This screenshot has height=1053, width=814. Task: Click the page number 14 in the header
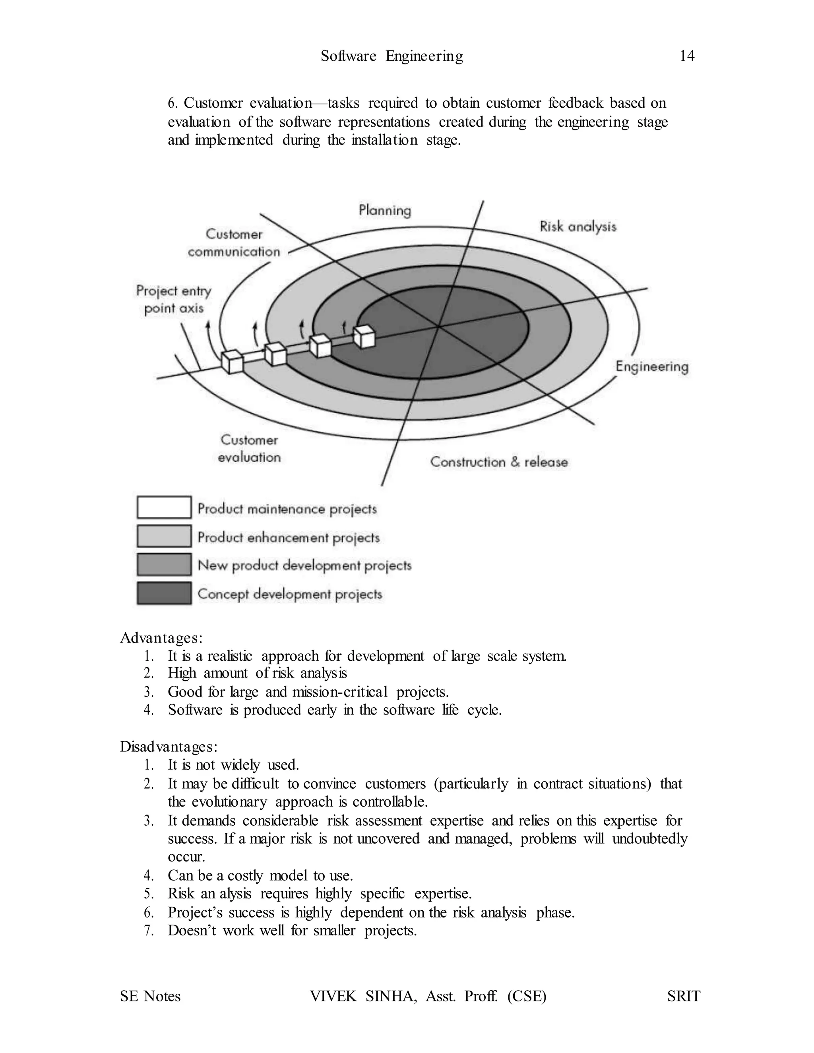[687, 56]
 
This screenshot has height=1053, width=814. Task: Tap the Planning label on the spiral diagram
[385, 210]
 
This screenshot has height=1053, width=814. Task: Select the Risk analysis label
[578, 226]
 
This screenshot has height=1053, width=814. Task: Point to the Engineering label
[651, 366]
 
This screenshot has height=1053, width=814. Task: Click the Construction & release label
[499, 462]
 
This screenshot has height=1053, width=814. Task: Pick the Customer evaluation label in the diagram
[249, 448]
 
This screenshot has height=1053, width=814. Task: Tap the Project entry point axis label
[174, 300]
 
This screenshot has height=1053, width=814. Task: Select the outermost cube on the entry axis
[232, 362]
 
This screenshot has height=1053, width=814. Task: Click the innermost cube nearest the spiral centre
[364, 337]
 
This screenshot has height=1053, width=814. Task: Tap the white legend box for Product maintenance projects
[164, 507]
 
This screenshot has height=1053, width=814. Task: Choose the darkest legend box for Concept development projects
[164, 593]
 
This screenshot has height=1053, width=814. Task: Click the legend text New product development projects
[304, 565]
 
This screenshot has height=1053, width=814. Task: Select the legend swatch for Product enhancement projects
[164, 536]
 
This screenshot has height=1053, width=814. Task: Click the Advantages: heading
[161, 638]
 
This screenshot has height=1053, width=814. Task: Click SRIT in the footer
[683, 996]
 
